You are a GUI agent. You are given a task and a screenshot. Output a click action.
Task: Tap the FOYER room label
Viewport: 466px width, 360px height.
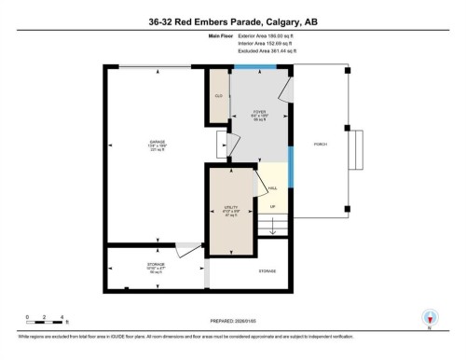coord(260,112)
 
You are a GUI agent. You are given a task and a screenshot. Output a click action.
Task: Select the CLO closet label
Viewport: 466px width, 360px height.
coord(218,95)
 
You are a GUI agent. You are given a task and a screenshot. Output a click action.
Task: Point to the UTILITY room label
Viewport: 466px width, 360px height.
coord(232,208)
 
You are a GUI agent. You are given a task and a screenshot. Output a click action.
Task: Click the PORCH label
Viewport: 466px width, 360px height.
coord(321,144)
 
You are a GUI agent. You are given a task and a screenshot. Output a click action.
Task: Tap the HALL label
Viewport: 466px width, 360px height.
coord(272,187)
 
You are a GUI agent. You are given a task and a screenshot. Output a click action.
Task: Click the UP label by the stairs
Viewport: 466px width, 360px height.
coord(272,206)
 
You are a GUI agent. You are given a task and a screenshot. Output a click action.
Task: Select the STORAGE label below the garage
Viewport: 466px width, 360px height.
coord(129,266)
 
